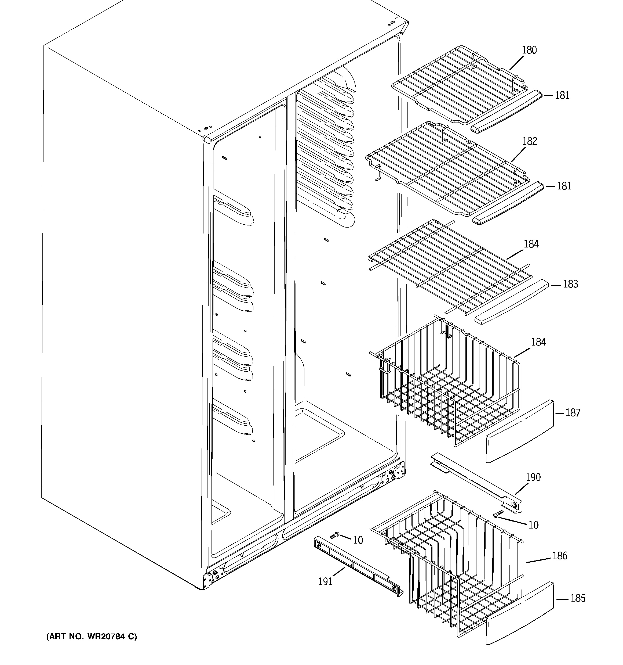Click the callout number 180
(529, 50)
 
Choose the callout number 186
(559, 556)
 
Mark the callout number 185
(578, 598)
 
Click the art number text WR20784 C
(92, 637)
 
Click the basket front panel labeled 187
(520, 432)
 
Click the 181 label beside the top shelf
(562, 95)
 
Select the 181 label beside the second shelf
(564, 186)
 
